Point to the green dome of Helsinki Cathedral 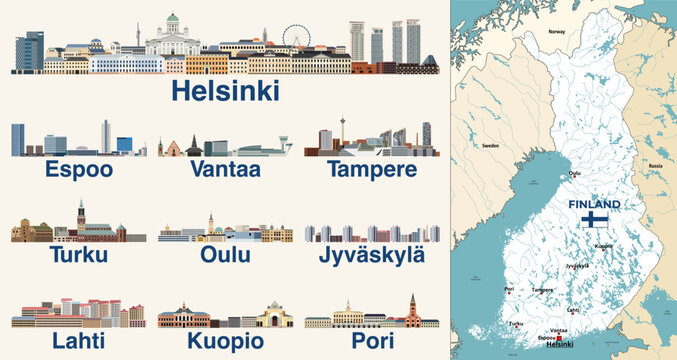click(173, 21)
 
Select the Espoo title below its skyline click(78, 170)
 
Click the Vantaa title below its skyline click(225, 170)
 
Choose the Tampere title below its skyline click(371, 170)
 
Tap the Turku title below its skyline click(78, 256)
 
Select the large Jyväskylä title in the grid click(371, 256)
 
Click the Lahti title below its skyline click(78, 341)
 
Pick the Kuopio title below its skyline click(225, 341)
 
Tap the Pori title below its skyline click(371, 341)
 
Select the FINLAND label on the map click(594, 204)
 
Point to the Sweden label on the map click(491, 145)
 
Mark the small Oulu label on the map click(573, 172)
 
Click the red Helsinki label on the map click(563, 344)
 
